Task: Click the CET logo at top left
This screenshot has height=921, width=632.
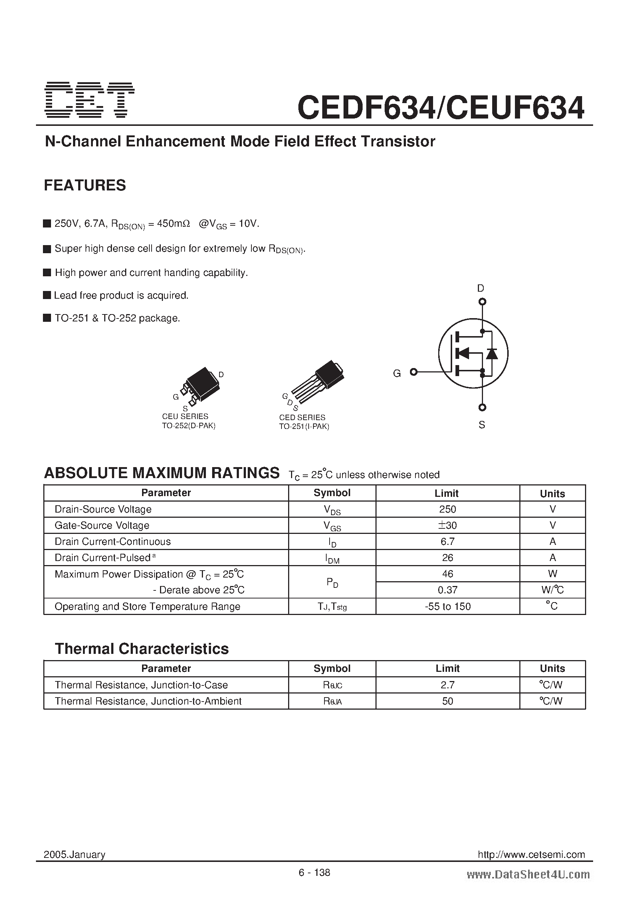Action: tap(90, 100)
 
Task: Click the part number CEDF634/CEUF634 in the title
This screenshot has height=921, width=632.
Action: tap(440, 108)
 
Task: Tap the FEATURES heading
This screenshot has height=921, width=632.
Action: tap(85, 185)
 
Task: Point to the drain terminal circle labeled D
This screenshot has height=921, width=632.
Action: tap(482, 302)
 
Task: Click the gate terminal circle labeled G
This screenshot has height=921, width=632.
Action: tap(414, 372)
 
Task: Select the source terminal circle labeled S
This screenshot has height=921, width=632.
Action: tap(482, 407)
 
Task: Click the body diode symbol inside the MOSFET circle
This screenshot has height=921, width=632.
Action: tap(492, 353)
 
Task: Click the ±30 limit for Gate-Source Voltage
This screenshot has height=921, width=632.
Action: tap(447, 525)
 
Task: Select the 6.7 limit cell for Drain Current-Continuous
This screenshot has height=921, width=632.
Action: tap(447, 542)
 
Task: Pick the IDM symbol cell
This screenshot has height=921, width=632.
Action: tap(332, 559)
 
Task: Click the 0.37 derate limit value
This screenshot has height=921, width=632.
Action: tap(447, 590)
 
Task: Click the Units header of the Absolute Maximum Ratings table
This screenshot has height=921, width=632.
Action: tap(552, 494)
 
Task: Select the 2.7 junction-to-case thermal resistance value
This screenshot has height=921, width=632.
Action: tap(447, 685)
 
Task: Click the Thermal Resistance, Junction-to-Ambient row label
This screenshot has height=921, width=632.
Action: tap(148, 701)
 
